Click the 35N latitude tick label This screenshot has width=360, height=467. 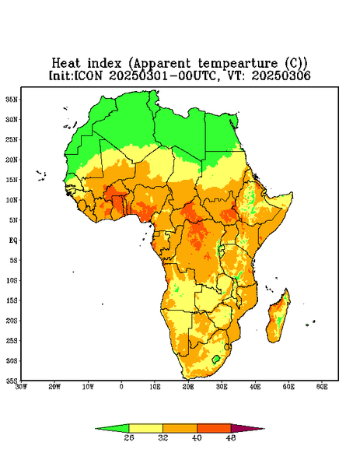(12, 99)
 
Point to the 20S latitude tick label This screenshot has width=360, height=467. (12, 321)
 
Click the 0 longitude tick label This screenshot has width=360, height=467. (121, 387)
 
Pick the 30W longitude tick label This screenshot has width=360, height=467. (21, 387)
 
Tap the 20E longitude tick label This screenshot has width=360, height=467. (188, 387)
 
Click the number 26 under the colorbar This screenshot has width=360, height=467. (129, 437)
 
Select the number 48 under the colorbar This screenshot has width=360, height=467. (231, 437)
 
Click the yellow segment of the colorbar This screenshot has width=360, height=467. (145, 428)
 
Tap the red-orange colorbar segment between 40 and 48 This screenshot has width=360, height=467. (214, 428)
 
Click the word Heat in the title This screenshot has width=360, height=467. (66, 63)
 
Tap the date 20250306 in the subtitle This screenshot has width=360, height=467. (281, 75)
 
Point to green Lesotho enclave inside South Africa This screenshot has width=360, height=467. (216, 359)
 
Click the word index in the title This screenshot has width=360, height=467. (104, 63)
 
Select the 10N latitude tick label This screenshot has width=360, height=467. (12, 200)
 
